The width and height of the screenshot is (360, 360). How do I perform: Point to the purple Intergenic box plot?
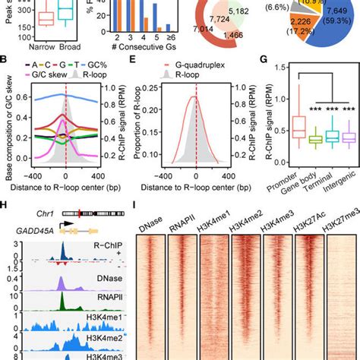coord(329,137)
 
